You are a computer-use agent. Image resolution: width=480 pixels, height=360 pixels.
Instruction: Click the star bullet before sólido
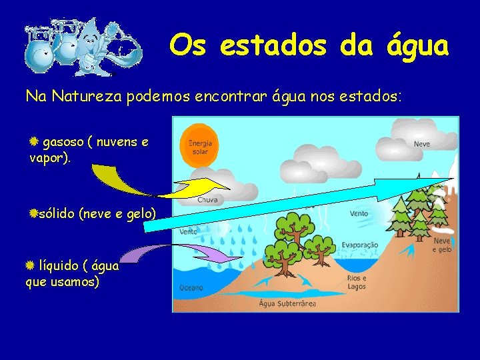33,213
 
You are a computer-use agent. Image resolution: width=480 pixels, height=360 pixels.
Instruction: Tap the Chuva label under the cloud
207,199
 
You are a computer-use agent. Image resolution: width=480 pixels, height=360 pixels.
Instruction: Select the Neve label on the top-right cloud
421,143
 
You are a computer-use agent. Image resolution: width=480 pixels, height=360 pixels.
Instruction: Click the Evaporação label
359,245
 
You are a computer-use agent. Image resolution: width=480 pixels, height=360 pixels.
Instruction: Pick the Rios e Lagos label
357,282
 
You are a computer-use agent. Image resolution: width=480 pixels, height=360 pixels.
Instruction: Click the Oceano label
191,288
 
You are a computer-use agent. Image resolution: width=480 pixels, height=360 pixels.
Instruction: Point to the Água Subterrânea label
287,303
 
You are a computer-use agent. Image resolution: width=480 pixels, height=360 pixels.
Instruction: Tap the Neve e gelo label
442,245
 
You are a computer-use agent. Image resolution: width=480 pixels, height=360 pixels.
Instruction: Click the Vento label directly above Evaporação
359,214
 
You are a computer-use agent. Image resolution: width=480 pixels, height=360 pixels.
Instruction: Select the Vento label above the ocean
189,232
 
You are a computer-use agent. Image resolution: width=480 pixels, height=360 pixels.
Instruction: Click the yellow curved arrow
133,180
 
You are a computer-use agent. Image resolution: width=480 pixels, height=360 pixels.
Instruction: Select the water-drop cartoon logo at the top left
83,47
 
